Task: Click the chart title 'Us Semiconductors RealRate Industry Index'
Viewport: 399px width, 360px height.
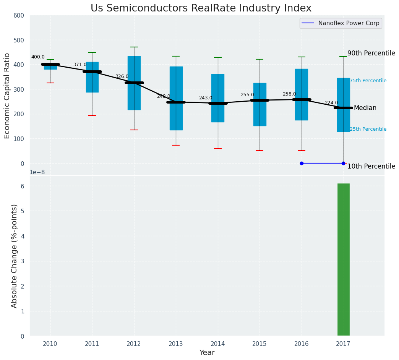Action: (201, 8)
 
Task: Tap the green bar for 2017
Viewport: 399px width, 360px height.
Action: (343, 260)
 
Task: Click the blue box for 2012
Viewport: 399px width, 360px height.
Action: (134, 83)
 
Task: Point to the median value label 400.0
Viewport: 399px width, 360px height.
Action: (38, 57)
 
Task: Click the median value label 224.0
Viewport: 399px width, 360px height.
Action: (331, 103)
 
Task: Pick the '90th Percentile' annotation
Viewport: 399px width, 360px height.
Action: (371, 53)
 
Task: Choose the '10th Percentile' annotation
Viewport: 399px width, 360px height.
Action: (371, 166)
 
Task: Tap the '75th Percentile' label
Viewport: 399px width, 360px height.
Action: (368, 81)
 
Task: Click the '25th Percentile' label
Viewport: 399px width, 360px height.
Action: (368, 129)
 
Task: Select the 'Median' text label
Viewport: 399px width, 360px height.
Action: (365, 108)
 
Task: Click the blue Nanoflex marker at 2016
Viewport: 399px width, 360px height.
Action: (302, 163)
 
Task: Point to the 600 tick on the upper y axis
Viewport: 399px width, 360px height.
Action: (19, 16)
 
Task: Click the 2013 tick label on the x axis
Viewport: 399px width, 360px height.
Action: (176, 344)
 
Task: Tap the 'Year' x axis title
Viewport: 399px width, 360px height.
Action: (207, 353)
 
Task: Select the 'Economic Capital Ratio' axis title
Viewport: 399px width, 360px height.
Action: (7, 89)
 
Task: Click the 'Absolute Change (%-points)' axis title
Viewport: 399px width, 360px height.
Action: (14, 256)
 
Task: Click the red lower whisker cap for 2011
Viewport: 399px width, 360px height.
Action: (92, 115)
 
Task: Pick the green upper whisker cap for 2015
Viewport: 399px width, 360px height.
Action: (260, 59)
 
